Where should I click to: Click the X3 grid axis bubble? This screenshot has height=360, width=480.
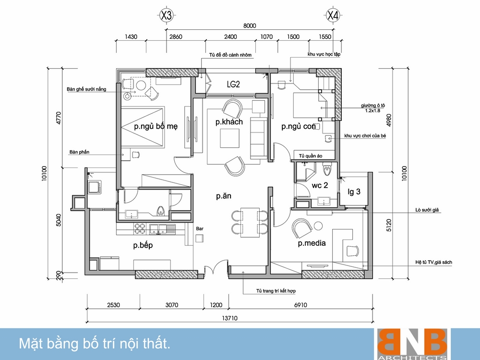pyautogui.click(x=166, y=15)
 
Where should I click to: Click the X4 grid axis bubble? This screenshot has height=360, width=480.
pyautogui.click(x=333, y=15)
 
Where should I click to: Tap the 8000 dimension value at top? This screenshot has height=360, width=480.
pyautogui.click(x=250, y=26)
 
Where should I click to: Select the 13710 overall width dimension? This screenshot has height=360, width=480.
pyautogui.click(x=229, y=318)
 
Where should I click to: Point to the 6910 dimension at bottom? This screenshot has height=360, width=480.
pyautogui.click(x=300, y=305)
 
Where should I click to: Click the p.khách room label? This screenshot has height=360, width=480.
pyautogui.click(x=229, y=122)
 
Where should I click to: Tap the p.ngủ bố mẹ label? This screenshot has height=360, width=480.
pyautogui.click(x=156, y=126)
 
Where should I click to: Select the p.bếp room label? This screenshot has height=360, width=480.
pyautogui.click(x=143, y=245)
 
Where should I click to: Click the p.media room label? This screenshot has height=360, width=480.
pyautogui.click(x=312, y=243)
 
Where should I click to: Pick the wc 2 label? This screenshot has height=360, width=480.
pyautogui.click(x=320, y=185)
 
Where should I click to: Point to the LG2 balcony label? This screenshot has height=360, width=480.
pyautogui.click(x=233, y=84)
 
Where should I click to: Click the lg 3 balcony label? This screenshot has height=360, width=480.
pyautogui.click(x=354, y=192)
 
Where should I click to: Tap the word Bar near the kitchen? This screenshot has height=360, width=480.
pyautogui.click(x=200, y=228)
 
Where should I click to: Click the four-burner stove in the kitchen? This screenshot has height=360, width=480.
pyautogui.click(x=140, y=228)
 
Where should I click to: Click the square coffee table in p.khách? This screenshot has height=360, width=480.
pyautogui.click(x=229, y=138)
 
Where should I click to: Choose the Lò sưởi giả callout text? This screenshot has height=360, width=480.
pyautogui.click(x=427, y=210)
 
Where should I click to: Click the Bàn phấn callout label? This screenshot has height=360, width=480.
pyautogui.click(x=79, y=152)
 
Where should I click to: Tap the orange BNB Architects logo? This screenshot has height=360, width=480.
pyautogui.click(x=412, y=344)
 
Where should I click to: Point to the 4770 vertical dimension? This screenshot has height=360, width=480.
pyautogui.click(x=59, y=118)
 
